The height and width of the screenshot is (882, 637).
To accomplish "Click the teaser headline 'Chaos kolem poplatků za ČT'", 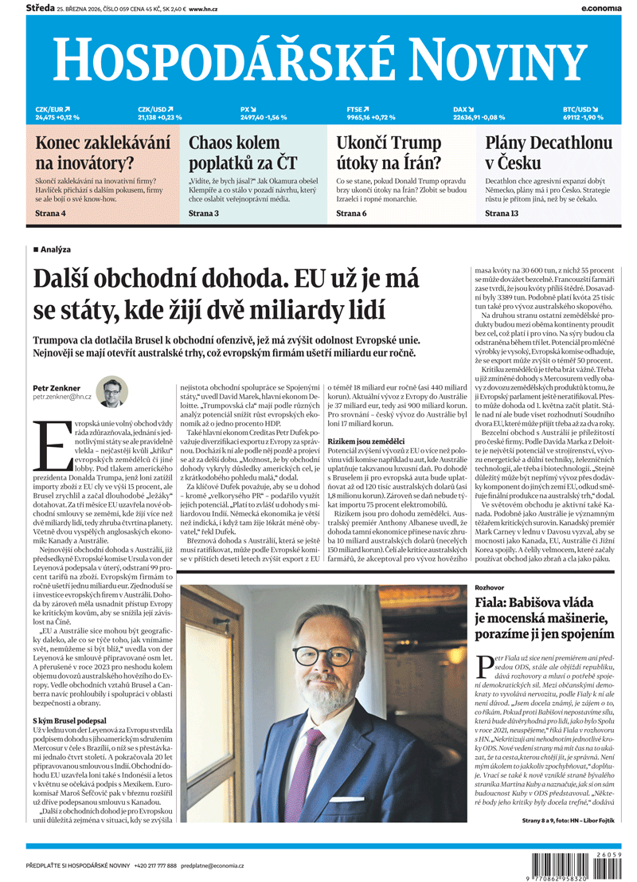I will pyautogui.click(x=242, y=153).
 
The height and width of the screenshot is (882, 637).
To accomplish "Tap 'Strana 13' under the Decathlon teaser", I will pyautogui.click(x=502, y=214).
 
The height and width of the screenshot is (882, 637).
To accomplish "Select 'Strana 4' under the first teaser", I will pyautogui.click(x=51, y=214).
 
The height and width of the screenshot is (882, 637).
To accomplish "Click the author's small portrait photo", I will pyautogui.click(x=112, y=391).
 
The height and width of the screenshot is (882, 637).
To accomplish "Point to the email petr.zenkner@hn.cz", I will pyautogui.click(x=62, y=396).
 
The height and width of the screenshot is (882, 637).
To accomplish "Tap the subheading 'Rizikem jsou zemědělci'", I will pyautogui.click(x=361, y=441).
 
